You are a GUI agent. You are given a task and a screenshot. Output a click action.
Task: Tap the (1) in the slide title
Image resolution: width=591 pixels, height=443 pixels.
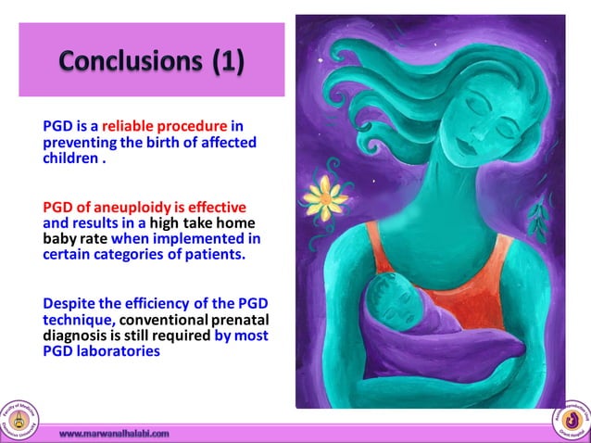[228, 61]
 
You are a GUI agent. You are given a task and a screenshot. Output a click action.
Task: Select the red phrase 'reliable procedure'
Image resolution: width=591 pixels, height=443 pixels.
[150, 127]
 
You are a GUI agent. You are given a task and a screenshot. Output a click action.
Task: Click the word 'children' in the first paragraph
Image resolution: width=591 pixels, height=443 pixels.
[70, 158]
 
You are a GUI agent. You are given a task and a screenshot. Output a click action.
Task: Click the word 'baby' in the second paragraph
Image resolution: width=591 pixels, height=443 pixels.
[62, 238]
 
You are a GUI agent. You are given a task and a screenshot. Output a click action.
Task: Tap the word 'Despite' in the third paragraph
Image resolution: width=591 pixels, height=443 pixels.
[70, 302]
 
